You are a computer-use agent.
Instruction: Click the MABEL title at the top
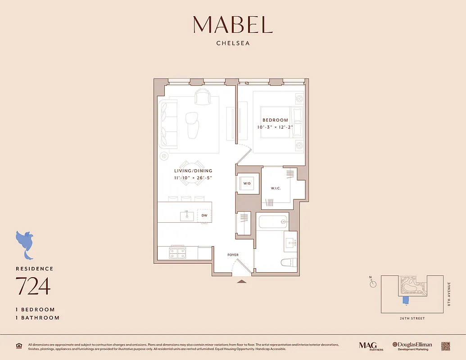click(x=233, y=25)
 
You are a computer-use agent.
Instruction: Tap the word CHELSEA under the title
click(x=233, y=44)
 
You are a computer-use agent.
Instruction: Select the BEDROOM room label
click(x=275, y=120)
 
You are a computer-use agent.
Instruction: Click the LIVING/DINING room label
click(x=193, y=171)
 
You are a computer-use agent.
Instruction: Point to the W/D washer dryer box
click(x=247, y=184)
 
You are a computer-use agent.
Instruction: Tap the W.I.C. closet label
click(x=276, y=188)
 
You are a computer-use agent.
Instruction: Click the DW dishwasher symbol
click(x=204, y=216)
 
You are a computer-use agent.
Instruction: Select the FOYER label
click(x=233, y=255)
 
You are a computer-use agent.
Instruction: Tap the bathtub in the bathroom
click(x=271, y=221)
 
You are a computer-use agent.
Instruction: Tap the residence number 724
click(x=33, y=286)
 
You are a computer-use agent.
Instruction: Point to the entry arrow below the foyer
click(x=242, y=282)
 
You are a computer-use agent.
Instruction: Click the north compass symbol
click(x=373, y=283)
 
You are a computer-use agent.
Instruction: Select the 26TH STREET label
click(x=412, y=318)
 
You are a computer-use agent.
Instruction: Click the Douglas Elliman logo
click(x=412, y=346)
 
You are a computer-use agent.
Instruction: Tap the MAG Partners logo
click(x=368, y=346)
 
